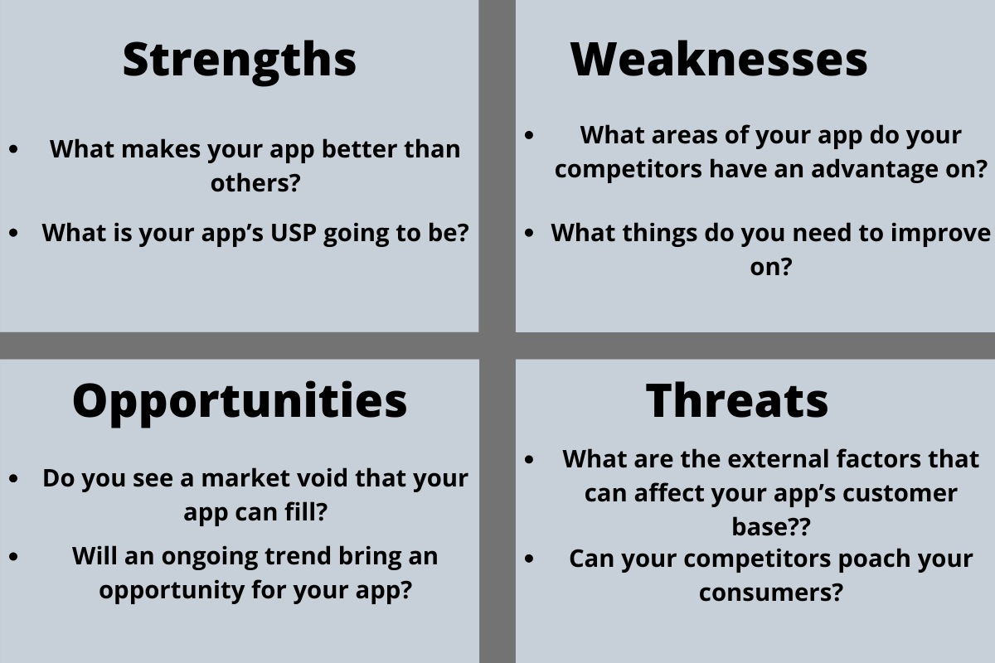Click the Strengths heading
[240, 60]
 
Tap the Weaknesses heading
[719, 60]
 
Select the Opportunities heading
[240, 400]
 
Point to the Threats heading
[737, 400]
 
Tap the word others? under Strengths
[254, 183]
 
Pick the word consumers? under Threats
[770, 593]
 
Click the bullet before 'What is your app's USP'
[14, 234]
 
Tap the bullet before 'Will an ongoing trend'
[14, 557]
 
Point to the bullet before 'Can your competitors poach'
[530, 559]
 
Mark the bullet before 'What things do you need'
[530, 234]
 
